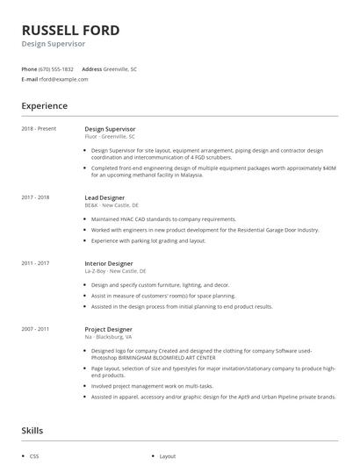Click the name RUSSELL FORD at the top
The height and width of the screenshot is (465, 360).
click(x=70, y=29)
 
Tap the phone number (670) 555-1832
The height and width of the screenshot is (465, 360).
click(x=56, y=68)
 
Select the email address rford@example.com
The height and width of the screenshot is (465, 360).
click(x=64, y=79)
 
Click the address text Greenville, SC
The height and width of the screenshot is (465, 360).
click(x=120, y=68)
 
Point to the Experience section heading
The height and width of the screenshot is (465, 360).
click(x=45, y=106)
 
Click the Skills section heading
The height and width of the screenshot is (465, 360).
click(x=32, y=431)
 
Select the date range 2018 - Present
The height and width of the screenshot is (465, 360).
click(x=39, y=129)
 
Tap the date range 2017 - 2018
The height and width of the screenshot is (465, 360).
click(x=35, y=197)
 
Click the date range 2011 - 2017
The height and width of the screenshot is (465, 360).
click(x=35, y=263)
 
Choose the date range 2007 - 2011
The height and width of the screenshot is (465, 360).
click(x=35, y=329)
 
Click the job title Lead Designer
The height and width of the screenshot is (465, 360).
click(x=104, y=197)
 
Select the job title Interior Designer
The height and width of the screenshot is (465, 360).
click(x=109, y=263)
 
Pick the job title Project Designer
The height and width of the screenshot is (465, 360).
click(x=109, y=329)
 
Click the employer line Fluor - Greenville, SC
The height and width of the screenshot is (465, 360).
click(x=110, y=137)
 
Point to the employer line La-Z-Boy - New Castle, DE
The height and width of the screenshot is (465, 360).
click(x=115, y=271)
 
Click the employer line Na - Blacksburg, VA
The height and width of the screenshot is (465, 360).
click(x=108, y=337)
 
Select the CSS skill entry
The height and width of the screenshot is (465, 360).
click(x=34, y=456)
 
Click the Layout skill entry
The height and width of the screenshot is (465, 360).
click(x=168, y=456)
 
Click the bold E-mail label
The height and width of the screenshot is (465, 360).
click(x=29, y=79)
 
